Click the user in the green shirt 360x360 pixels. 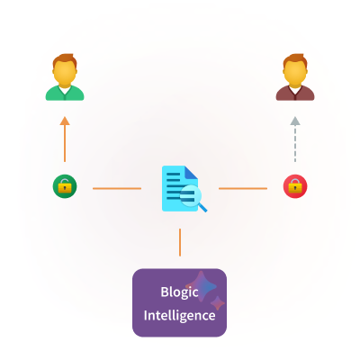(65, 77)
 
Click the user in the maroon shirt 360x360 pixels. (295, 77)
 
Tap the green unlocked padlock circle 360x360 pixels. (65, 186)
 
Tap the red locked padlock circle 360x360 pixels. (295, 186)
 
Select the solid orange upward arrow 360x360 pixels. (65, 139)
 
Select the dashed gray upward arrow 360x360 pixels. (295, 139)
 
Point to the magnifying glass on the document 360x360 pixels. (193, 198)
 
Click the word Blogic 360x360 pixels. (179, 292)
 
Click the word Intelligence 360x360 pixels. (179, 315)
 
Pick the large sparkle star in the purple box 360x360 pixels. (202, 286)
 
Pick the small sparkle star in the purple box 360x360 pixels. (218, 303)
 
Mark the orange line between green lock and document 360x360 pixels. (117, 188)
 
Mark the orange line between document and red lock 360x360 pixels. (243, 188)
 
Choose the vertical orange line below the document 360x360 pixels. (180, 242)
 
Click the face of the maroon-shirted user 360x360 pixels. (295, 74)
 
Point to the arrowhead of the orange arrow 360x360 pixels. (65, 121)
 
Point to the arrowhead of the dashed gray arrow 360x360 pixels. (295, 121)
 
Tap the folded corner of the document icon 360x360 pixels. (191, 172)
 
